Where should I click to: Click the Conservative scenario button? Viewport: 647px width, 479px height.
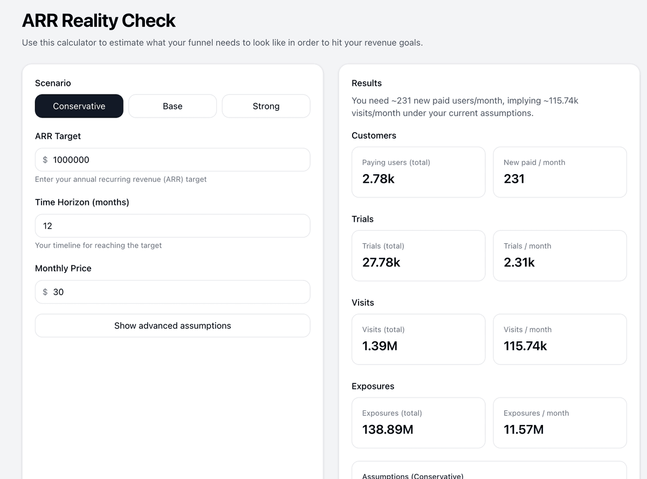79,106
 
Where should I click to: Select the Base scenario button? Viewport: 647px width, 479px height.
173,106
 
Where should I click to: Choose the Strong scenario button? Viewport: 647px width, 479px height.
266,106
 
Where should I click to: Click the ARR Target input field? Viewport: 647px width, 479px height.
178,160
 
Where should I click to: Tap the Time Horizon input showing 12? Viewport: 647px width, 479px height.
173,226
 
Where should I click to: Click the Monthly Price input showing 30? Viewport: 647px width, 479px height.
178,292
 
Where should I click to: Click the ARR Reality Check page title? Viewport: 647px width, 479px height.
99,21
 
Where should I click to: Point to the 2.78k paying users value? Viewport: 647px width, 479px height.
378,179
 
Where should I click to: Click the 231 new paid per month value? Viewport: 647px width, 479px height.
514,179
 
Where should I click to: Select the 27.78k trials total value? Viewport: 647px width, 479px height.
381,263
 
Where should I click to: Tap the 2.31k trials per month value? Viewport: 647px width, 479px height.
519,263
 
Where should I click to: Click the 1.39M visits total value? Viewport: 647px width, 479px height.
380,346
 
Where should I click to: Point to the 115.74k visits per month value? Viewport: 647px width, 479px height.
525,346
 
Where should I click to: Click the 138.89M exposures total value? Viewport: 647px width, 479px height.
388,430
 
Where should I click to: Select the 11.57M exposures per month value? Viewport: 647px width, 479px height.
524,430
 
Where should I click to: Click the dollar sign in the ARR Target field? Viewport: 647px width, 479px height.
45,160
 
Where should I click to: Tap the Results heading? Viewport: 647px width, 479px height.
367,83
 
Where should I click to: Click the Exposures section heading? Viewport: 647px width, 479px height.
373,386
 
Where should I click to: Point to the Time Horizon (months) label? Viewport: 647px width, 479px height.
82,202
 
